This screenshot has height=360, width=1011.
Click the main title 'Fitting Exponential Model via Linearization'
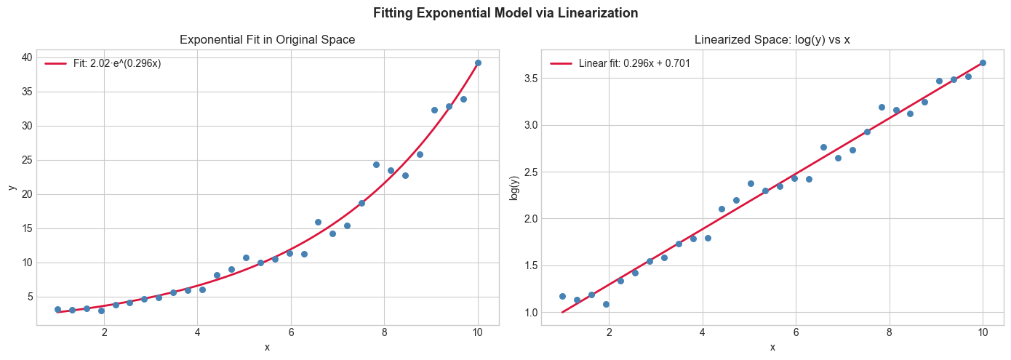click(505, 12)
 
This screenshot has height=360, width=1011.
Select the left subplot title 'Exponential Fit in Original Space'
click(268, 40)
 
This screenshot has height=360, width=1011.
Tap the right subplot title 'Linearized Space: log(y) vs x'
click(772, 40)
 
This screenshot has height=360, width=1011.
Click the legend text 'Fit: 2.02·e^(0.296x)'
click(117, 64)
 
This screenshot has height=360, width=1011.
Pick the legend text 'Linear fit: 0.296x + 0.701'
click(634, 64)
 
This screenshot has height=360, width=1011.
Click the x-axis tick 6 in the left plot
click(291, 333)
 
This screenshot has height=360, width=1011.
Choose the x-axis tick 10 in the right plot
click(983, 333)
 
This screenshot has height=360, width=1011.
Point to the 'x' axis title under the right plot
click(772, 347)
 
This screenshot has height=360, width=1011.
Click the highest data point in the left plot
click(478, 63)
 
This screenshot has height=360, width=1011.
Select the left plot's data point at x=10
click(478, 63)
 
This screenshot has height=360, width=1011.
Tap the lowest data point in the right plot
click(606, 304)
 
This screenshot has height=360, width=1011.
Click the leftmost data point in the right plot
click(562, 296)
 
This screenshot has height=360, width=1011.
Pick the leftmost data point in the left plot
click(57, 309)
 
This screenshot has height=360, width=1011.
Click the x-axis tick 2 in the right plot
click(609, 333)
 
